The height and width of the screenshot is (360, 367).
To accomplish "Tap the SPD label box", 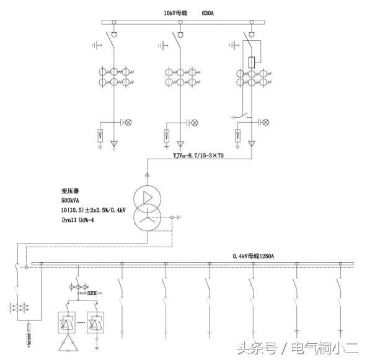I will click(92, 292).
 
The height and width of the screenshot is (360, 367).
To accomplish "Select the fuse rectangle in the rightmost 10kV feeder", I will click(253, 63).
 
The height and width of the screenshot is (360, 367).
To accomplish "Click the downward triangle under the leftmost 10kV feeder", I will click(114, 145).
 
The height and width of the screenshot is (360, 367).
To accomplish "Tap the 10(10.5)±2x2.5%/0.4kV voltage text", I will click(94, 211).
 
